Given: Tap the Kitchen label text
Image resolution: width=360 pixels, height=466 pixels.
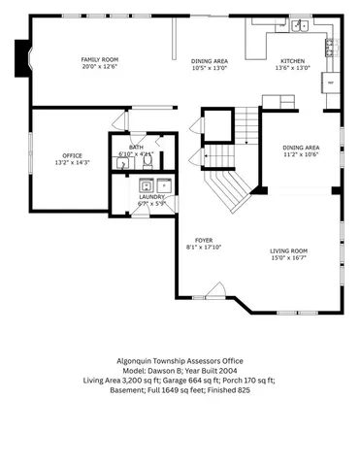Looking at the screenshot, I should (292, 60).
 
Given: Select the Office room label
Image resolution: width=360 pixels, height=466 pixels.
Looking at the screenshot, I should (72, 155).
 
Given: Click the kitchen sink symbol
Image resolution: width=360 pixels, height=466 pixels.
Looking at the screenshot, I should (300, 25).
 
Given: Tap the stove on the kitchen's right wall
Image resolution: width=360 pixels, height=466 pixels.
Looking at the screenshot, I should (330, 44).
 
